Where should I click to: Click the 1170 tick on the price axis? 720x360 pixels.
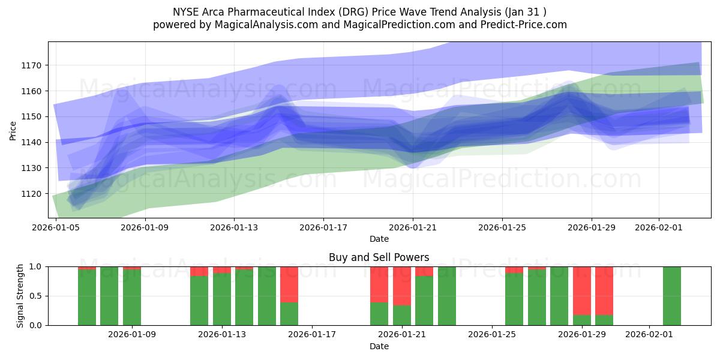[x=32, y=65]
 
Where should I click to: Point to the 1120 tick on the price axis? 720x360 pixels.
[x=32, y=194]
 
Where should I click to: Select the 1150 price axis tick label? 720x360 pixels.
[x=32, y=116]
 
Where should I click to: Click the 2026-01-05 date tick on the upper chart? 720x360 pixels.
[x=56, y=228]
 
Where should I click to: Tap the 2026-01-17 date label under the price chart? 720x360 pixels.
[x=323, y=228]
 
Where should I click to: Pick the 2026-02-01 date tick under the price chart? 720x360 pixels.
[x=659, y=228]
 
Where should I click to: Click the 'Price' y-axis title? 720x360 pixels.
[x=13, y=130]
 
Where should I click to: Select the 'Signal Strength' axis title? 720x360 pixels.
[x=20, y=295]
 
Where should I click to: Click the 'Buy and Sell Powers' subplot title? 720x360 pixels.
[x=379, y=257]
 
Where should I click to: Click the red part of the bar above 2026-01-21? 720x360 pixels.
[x=402, y=285]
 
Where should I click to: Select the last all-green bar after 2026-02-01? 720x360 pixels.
[x=672, y=296]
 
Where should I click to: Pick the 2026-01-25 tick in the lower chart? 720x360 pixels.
[x=492, y=334]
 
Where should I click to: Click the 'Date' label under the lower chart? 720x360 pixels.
[x=379, y=346]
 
